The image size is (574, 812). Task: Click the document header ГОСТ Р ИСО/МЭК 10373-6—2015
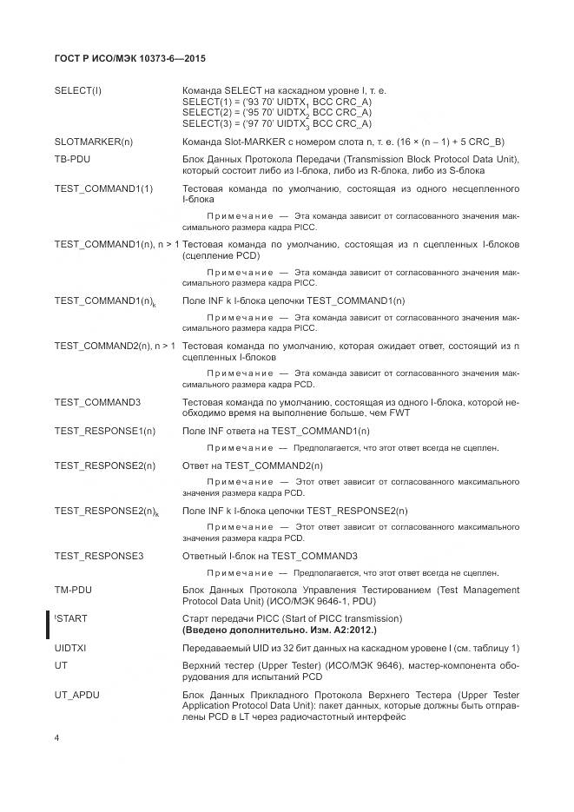point(129,59)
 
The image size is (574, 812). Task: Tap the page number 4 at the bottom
point(56,737)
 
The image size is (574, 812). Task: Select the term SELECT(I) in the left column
point(78,91)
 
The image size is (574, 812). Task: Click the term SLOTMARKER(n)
point(94,142)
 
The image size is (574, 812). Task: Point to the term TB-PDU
point(73,160)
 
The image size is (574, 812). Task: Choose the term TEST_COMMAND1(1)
point(103,188)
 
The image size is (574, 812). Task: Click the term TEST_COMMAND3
point(97,402)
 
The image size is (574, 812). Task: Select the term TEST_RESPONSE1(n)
point(105,431)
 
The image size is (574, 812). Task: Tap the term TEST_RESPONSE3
point(99,556)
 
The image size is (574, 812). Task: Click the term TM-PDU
point(73,591)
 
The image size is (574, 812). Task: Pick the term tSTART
point(71,618)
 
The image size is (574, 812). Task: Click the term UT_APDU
point(77,696)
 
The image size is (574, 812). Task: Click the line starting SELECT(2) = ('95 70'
point(277,112)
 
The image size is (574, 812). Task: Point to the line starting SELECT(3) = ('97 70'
point(277,122)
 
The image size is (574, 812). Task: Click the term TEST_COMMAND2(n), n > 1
point(115,346)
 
